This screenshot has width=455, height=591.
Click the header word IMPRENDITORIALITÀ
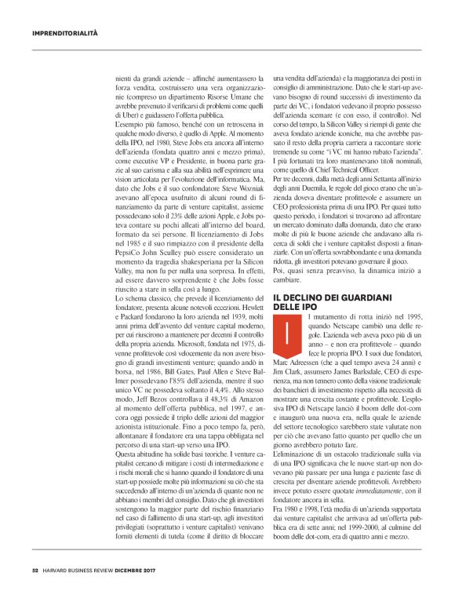click(x=65, y=34)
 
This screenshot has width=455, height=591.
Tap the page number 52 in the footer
click(x=35, y=570)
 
